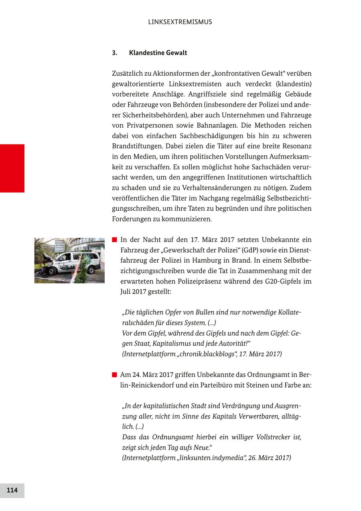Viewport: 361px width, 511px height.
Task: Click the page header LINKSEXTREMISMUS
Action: (x=180, y=22)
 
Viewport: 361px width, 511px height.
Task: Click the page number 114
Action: (x=12, y=490)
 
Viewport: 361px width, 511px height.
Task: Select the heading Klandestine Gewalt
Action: (x=158, y=53)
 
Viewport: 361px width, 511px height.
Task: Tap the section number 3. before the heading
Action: (x=114, y=53)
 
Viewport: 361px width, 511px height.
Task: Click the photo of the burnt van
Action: (x=69, y=261)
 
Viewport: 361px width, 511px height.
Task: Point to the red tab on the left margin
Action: (x=12, y=168)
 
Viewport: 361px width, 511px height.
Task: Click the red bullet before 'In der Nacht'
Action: (x=114, y=240)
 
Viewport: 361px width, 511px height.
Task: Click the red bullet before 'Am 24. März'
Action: (x=114, y=375)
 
